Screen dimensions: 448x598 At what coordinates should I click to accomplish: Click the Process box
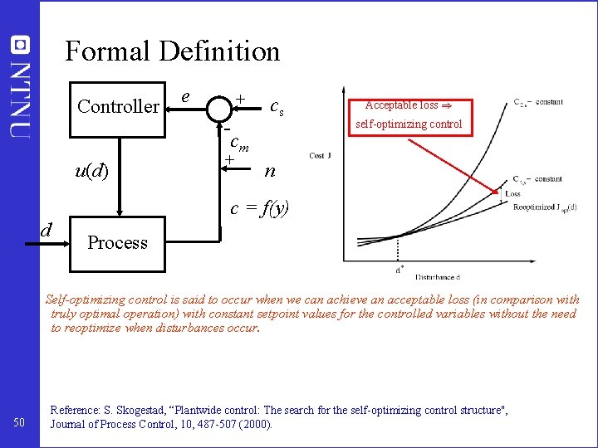117,242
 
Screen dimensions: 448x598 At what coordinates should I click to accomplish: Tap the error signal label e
188,96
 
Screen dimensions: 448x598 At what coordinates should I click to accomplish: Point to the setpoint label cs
277,106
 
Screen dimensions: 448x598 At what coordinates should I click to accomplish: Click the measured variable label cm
240,143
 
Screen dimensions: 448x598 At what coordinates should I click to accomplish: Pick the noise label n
269,172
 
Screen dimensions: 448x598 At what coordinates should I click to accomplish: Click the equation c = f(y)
260,208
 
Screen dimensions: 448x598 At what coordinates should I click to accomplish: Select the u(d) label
91,172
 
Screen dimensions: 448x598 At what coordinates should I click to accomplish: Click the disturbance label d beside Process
47,229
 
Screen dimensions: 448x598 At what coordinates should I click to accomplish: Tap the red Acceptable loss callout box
408,114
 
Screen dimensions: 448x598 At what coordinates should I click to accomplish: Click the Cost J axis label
321,157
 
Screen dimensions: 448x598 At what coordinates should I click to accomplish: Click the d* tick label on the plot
399,268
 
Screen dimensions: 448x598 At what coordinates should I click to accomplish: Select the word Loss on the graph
513,194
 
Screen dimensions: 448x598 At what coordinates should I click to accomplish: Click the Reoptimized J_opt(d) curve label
543,207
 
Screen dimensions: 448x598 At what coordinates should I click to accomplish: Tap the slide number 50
20,425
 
